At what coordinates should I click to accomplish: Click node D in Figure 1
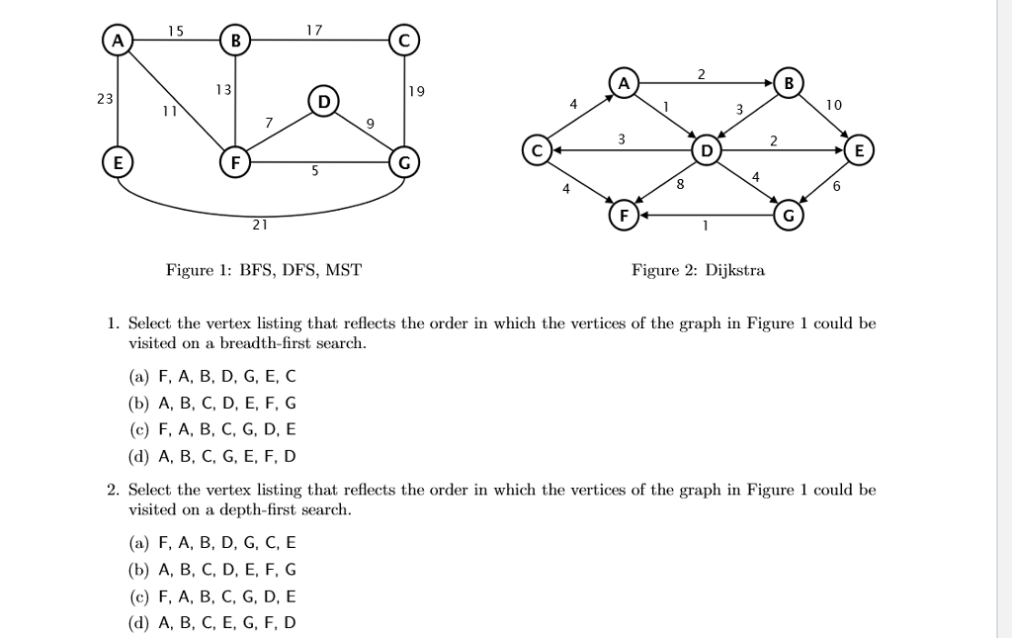(x=321, y=101)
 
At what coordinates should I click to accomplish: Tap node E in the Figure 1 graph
(x=118, y=160)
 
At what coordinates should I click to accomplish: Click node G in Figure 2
(x=789, y=214)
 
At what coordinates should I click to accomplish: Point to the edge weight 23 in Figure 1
(x=104, y=99)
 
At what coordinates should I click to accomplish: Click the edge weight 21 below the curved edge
(x=259, y=225)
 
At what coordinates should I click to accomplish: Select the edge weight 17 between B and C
(x=314, y=32)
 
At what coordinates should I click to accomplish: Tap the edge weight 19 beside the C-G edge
(x=416, y=91)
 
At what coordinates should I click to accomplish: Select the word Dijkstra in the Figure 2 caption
(x=734, y=270)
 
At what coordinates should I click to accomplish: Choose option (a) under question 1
(x=211, y=377)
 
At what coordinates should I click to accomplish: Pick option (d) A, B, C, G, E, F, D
(x=211, y=456)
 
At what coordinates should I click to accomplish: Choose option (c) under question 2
(x=211, y=596)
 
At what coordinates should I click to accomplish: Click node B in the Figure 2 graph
(x=789, y=82)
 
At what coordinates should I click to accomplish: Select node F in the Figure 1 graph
(x=234, y=160)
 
